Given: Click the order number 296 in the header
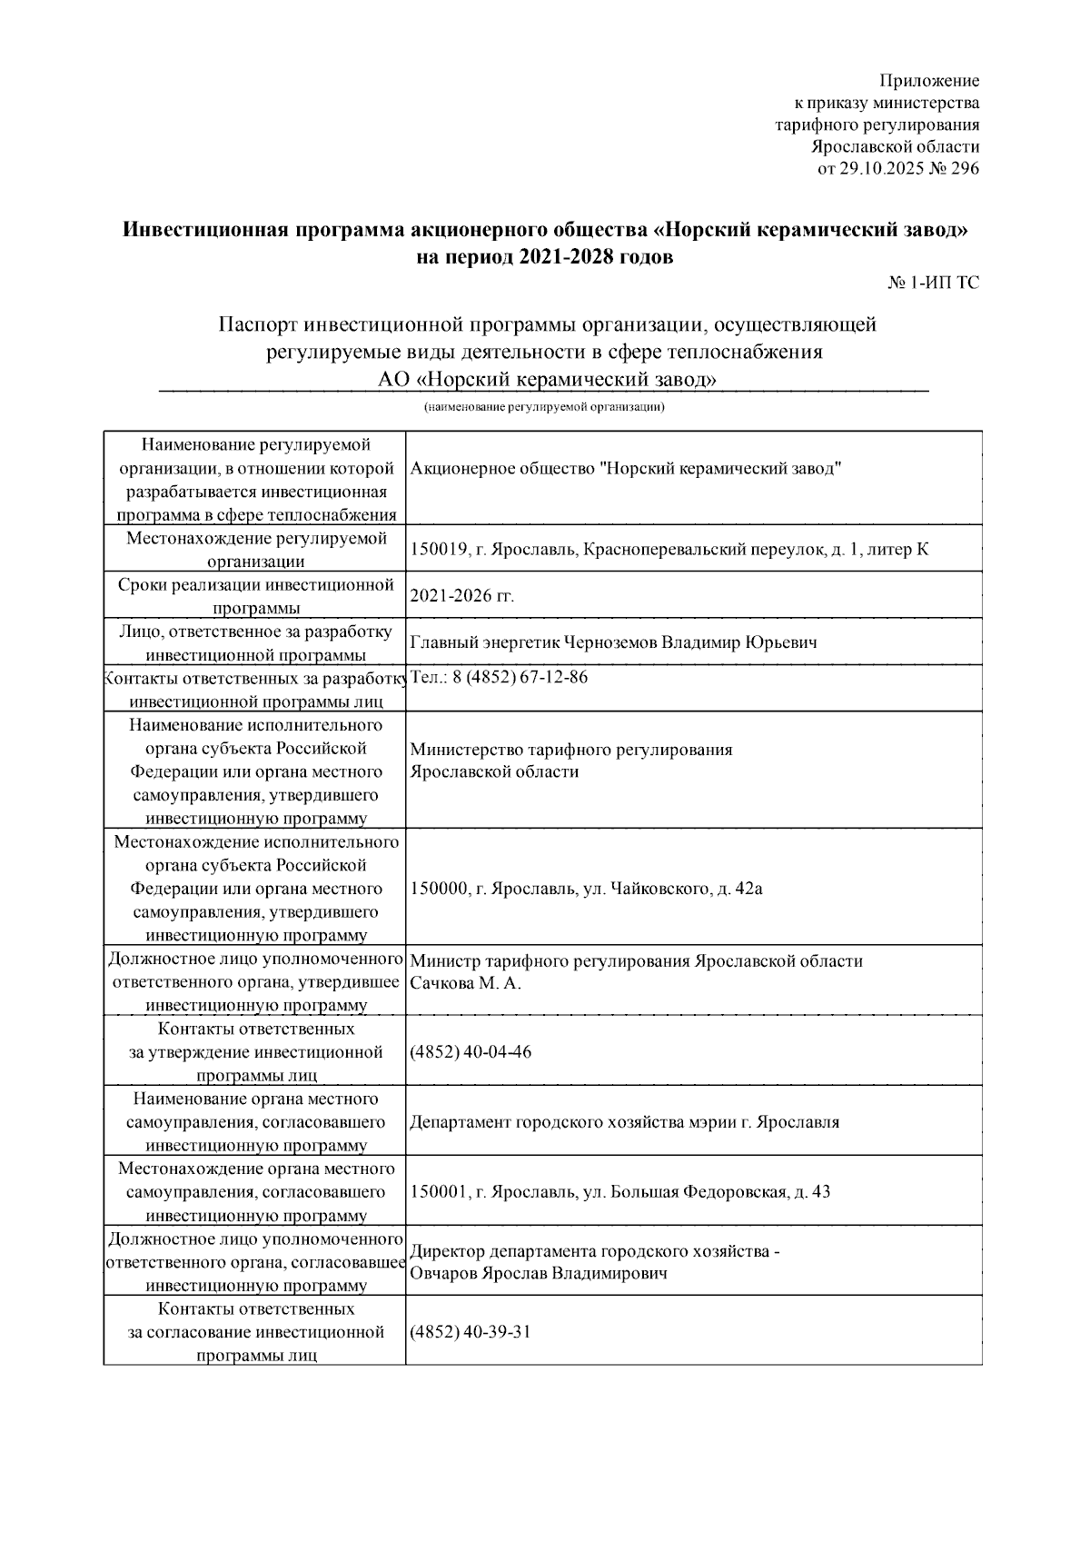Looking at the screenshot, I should (x=965, y=168).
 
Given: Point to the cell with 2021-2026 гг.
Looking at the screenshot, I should (x=462, y=596).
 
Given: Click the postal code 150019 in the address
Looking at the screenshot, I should (x=439, y=549).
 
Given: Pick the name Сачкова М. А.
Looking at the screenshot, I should (x=466, y=983).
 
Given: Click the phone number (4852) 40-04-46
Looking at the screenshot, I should (x=471, y=1052).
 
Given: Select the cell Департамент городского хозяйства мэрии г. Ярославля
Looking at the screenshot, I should (x=624, y=1122).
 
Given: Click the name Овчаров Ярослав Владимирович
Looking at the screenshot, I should (x=539, y=1273).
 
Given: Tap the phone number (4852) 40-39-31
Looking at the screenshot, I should (x=471, y=1332).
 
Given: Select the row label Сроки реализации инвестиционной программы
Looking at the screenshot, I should (x=255, y=595).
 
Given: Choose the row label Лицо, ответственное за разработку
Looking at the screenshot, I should (x=255, y=642).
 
